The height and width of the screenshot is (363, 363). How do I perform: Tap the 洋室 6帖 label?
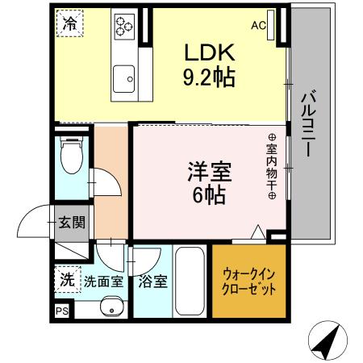tap(207, 183)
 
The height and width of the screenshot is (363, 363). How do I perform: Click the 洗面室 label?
tap(103, 283)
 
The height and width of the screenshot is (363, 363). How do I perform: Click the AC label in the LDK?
tap(258, 26)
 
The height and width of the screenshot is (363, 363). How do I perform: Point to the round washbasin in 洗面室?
tap(112, 307)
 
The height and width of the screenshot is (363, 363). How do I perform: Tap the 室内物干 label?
tap(272, 167)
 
